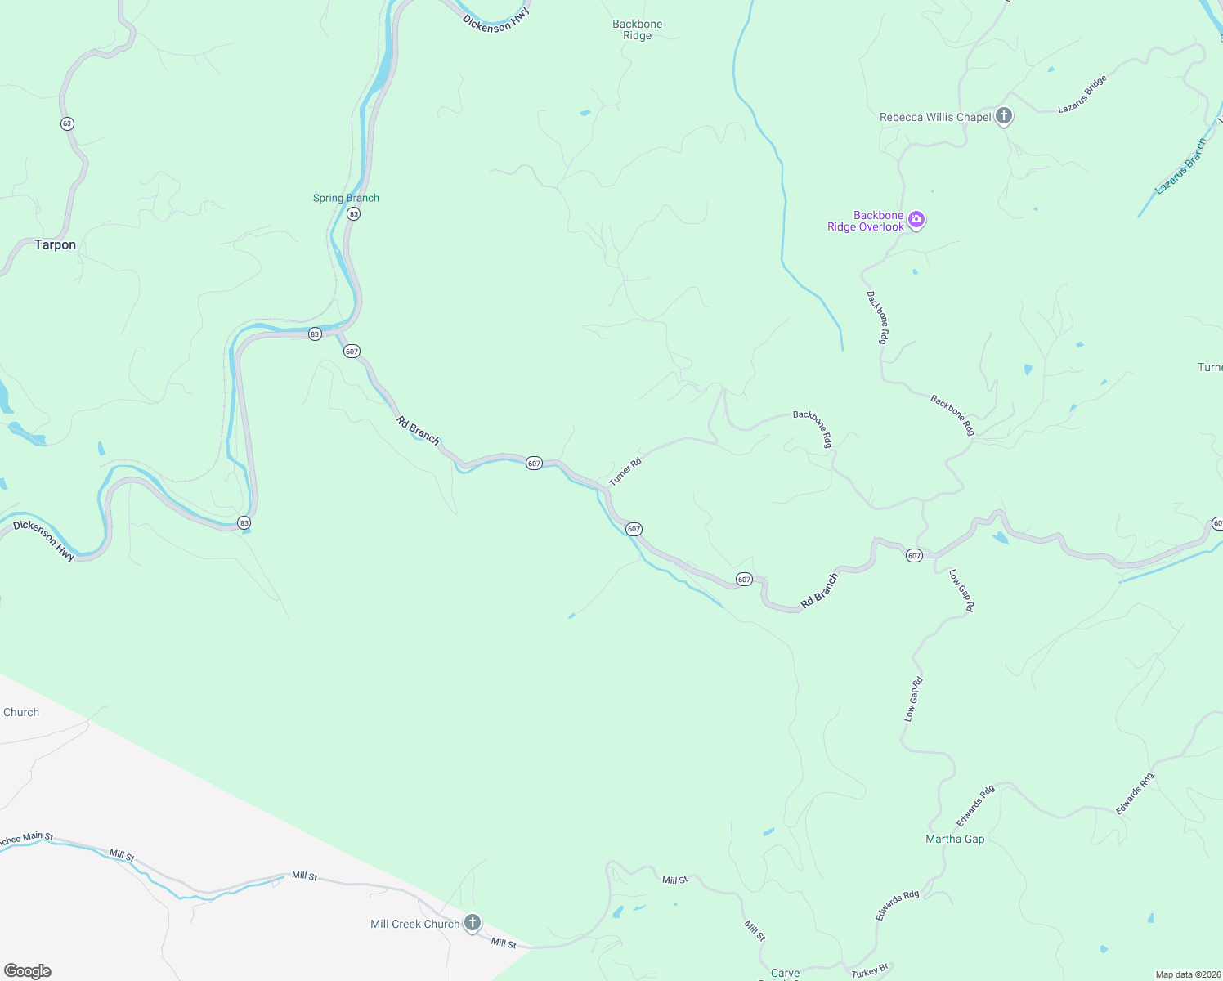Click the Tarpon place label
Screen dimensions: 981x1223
point(55,244)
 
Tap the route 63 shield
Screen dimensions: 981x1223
point(67,123)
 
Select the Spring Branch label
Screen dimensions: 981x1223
point(346,198)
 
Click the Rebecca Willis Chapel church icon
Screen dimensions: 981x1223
point(1004,116)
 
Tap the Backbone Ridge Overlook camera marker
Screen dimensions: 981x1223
point(916,220)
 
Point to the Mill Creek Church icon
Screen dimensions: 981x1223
point(472,923)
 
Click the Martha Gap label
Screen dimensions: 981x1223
point(955,839)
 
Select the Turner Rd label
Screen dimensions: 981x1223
point(625,472)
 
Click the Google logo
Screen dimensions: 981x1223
point(27,970)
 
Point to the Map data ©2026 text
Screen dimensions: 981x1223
point(1185,974)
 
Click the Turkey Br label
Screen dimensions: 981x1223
point(869,971)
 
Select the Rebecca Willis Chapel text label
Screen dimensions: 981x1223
point(935,117)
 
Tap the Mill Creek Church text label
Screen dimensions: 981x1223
point(414,924)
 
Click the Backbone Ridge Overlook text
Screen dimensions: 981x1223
point(866,222)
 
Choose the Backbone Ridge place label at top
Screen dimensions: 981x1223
point(638,29)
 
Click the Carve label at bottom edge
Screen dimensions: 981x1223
point(785,973)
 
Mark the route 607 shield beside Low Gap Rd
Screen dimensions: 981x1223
point(914,556)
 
